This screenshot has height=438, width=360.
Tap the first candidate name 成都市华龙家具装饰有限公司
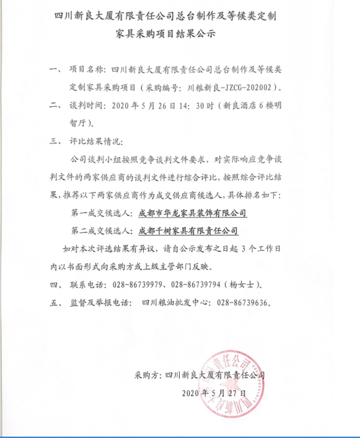tap(192, 214)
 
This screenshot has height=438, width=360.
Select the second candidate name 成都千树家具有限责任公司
tap(187, 232)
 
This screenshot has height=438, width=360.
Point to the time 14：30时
tap(199, 105)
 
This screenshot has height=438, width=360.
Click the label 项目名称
tap(86, 68)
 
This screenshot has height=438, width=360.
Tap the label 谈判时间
tap(86, 105)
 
